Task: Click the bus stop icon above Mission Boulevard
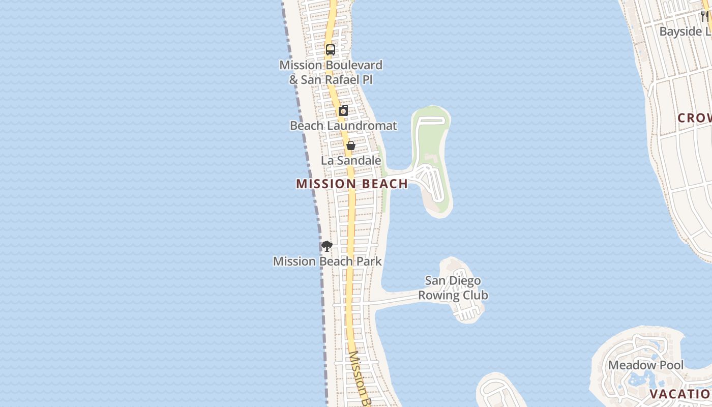tap(331, 50)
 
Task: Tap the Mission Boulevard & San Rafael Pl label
tap(331, 72)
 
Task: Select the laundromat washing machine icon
tap(344, 110)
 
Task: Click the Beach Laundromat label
tap(343, 125)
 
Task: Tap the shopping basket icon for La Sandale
tap(350, 146)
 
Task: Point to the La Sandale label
tap(351, 160)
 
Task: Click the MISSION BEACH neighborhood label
tap(352, 184)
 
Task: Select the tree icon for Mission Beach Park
tap(327, 246)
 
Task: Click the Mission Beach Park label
tap(327, 261)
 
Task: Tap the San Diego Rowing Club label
tap(453, 288)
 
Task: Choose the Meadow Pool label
tap(646, 365)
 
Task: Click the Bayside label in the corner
tap(685, 32)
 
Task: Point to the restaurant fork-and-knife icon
tap(704, 16)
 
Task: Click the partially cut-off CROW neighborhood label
tap(695, 118)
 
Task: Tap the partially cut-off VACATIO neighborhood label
tap(680, 394)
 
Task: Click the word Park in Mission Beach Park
tap(368, 261)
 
